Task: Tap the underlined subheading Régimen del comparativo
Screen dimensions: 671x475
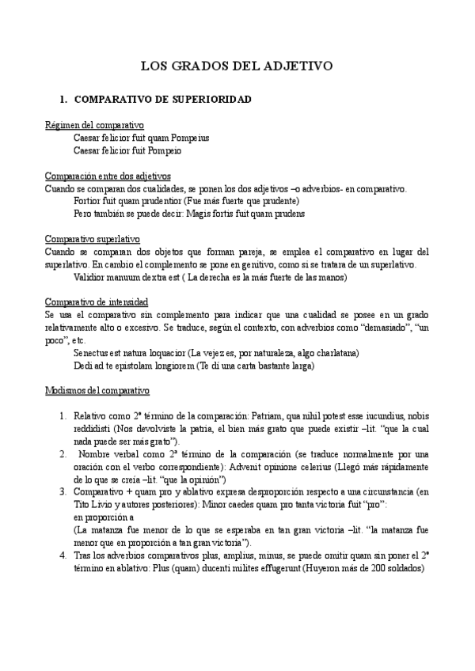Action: (x=93, y=125)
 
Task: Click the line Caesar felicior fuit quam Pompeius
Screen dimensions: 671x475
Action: (x=141, y=138)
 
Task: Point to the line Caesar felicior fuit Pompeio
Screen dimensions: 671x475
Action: (x=127, y=150)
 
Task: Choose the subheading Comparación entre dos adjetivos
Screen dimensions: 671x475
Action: (x=108, y=176)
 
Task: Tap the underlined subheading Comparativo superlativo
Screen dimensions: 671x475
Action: (x=92, y=238)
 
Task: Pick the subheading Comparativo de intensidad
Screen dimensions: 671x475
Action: (x=96, y=302)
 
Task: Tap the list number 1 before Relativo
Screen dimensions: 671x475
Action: (x=64, y=415)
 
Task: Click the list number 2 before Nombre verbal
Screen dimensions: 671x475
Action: (x=64, y=454)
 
